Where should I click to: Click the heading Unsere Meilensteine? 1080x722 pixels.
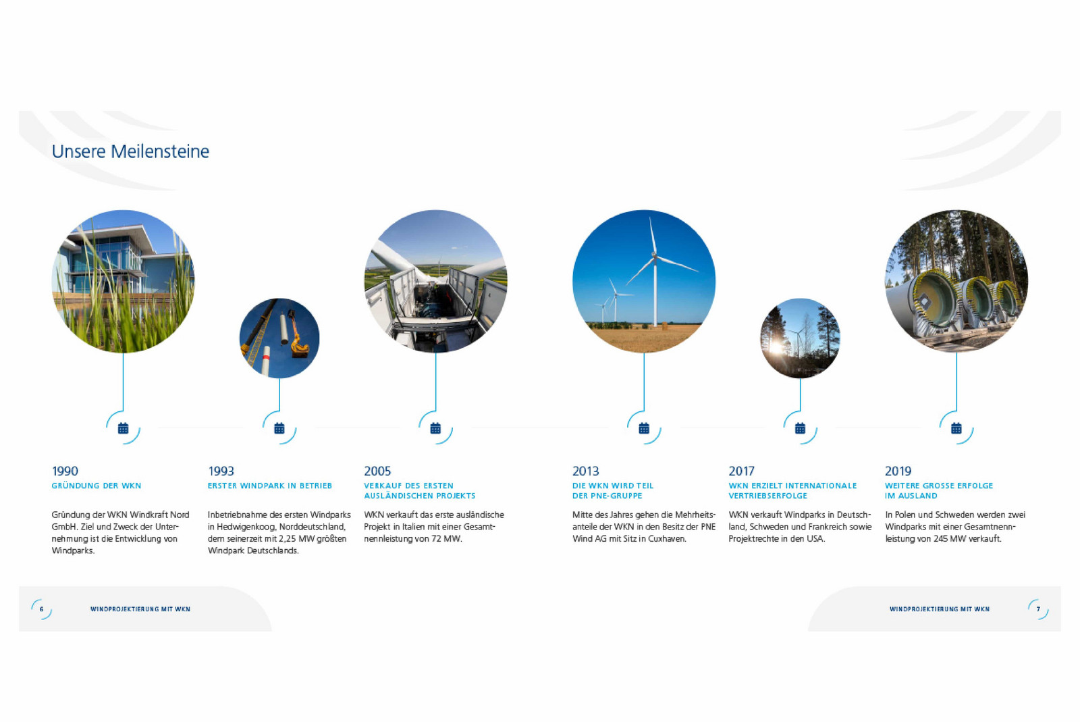[x=130, y=151]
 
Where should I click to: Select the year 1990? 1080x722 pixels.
[x=65, y=471]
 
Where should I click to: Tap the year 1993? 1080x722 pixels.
[x=221, y=471]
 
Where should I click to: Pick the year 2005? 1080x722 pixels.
[x=377, y=471]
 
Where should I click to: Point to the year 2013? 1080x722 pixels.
[x=585, y=471]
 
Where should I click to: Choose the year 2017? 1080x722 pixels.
[x=742, y=471]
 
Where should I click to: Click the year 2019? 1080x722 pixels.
[x=898, y=471]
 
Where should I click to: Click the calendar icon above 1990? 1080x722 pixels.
[x=123, y=428]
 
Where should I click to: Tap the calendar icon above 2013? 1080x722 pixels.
[x=644, y=428]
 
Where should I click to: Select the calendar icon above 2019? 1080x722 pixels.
[x=956, y=428]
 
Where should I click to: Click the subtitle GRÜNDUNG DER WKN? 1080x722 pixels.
[x=97, y=486]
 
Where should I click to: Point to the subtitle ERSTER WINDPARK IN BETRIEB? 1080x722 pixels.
[x=270, y=486]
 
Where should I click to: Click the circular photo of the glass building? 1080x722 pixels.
[x=123, y=281]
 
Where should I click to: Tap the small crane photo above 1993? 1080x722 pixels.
[x=279, y=338]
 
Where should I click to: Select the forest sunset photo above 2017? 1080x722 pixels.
[x=800, y=338]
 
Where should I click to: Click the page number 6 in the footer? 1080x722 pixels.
[x=41, y=609]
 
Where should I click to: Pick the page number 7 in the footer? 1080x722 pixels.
[x=1039, y=609]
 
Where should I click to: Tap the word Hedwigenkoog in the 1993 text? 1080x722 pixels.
[x=246, y=527]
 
